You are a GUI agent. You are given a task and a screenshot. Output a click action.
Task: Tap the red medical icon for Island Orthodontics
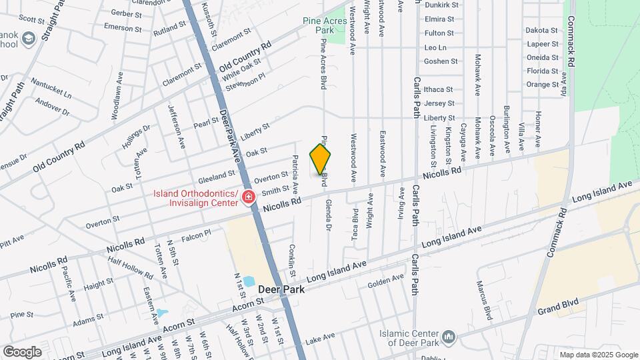pos(248,197)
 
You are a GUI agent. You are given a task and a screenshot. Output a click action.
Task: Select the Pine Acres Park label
pos(327,25)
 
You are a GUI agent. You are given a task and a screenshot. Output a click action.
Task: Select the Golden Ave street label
pos(386,282)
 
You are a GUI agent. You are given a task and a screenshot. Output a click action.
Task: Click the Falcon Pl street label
pos(195,233)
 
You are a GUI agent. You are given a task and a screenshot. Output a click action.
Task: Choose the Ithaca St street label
pos(438,89)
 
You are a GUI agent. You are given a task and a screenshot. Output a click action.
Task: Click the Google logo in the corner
pos(22,351)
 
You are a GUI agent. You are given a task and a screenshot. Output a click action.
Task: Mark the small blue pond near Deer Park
pos(249,282)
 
